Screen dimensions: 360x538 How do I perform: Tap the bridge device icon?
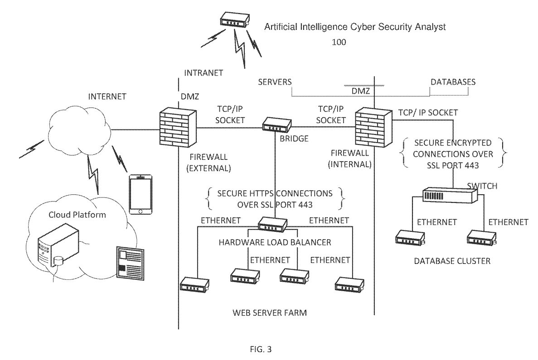point(277,124)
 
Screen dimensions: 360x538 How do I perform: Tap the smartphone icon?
point(140,194)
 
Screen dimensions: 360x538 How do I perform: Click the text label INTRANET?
point(204,72)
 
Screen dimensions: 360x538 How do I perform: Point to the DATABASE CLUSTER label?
point(452,261)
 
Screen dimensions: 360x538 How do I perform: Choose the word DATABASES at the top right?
point(453,82)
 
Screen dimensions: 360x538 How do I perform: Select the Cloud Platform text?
point(77,215)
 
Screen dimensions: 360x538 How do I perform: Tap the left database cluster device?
point(409,239)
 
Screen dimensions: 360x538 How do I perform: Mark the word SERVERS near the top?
point(274,82)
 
